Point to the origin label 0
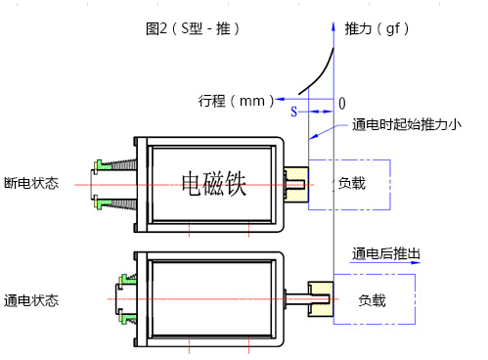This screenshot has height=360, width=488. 341,103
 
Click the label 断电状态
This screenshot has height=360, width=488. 31,183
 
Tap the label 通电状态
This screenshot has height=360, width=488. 31,299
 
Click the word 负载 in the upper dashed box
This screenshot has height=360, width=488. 352,182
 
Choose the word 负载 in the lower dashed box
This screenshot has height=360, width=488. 372,299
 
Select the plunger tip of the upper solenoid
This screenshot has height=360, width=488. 296,181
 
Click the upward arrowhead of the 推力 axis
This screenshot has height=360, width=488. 334,21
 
